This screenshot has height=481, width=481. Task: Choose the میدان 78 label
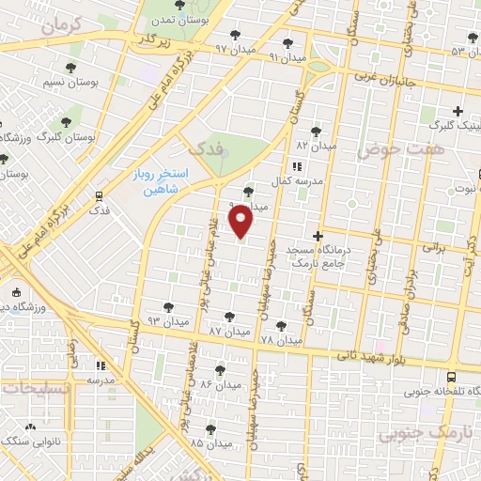coord(280,339)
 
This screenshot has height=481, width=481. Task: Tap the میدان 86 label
coord(219,385)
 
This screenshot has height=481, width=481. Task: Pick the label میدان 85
coord(209,442)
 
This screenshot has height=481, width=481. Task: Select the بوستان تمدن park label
coord(181,20)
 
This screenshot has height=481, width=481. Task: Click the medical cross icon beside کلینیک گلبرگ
coord(458,110)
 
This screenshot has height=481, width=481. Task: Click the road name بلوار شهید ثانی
coord(380,357)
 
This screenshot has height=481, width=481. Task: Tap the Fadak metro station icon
coord(99,195)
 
